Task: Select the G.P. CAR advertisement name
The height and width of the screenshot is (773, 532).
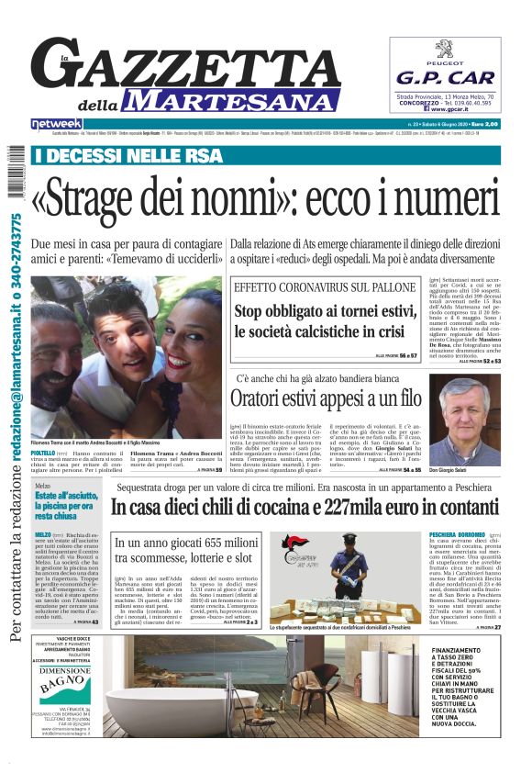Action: click(445, 78)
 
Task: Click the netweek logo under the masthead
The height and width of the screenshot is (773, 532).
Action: click(57, 123)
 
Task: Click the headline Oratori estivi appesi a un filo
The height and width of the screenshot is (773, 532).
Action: click(326, 398)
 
